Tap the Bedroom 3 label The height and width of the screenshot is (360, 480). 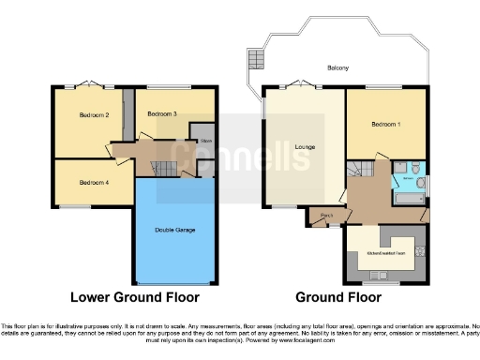162,113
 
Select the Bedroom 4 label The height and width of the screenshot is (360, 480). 94,182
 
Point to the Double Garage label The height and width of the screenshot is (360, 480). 174,228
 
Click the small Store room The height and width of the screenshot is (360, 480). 206,141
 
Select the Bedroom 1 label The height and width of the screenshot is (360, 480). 384,125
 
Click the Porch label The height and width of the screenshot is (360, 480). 327,216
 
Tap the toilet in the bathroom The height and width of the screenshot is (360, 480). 421,184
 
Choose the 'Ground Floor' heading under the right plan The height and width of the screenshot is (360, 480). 338,297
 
